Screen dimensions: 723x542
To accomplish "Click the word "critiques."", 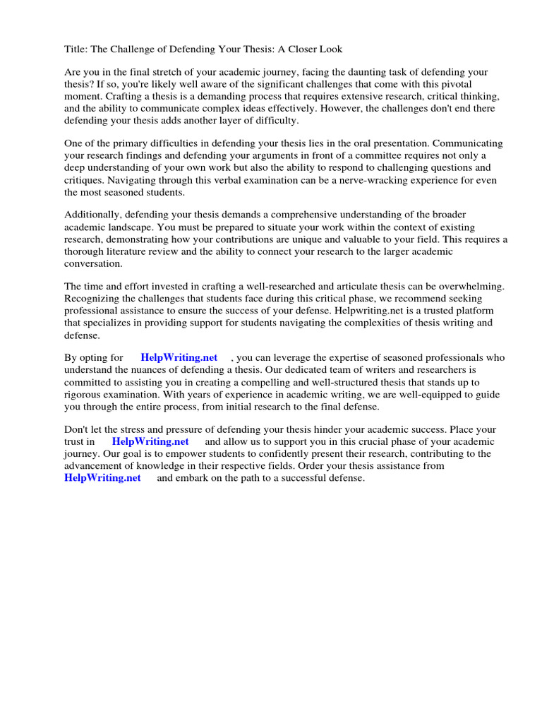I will click(x=85, y=180).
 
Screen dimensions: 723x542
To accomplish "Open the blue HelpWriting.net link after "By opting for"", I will click(x=179, y=358).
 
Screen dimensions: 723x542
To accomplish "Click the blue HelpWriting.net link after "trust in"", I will click(x=150, y=442).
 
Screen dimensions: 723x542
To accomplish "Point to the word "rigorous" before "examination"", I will click(x=84, y=394).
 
